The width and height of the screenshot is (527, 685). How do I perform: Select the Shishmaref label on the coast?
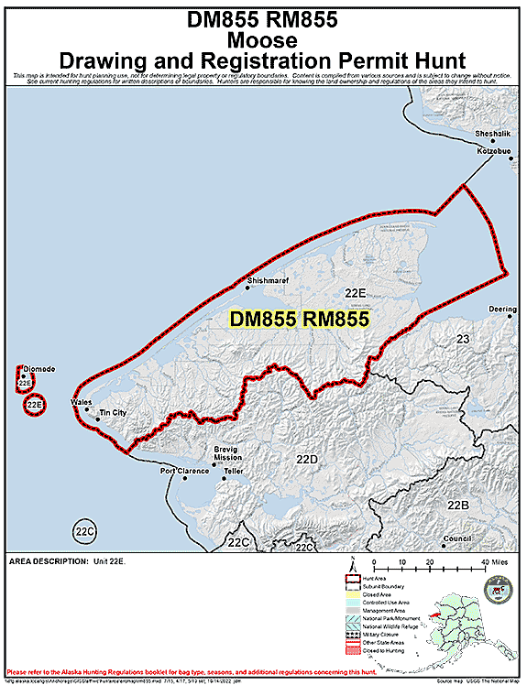point(268,281)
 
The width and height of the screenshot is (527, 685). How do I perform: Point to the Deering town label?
point(503,309)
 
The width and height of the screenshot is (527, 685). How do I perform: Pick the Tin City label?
point(112,414)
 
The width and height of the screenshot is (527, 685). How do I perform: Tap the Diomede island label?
point(38,369)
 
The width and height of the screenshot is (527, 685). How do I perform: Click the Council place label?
point(456,538)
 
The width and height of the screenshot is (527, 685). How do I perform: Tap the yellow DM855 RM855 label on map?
point(299,320)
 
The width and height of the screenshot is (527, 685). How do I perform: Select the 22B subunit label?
point(458,506)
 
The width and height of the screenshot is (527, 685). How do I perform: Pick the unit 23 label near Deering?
point(462,340)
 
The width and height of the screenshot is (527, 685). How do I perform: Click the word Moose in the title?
point(263,40)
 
